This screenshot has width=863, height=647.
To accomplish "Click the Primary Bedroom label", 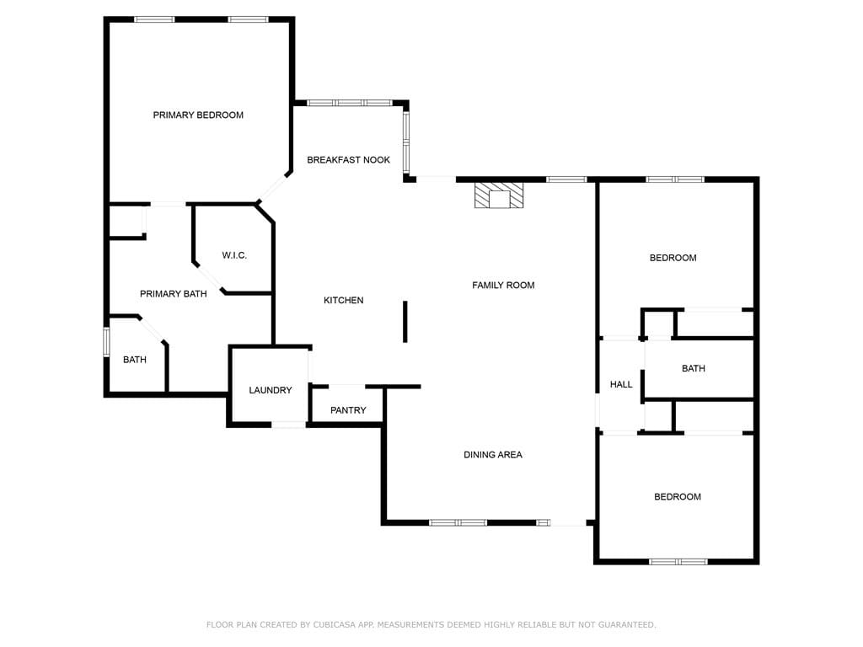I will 198,115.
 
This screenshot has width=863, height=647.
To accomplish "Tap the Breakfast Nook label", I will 348,159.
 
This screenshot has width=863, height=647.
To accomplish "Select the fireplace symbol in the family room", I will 499,195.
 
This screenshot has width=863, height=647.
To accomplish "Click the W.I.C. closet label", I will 234,255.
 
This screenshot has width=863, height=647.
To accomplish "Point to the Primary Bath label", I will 173,294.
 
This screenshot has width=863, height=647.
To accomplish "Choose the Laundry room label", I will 271,390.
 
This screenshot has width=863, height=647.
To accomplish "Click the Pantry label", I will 348,410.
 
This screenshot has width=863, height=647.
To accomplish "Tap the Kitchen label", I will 344,300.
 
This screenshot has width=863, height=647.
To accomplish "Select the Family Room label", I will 503,285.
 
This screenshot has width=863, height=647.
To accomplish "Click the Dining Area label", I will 493,455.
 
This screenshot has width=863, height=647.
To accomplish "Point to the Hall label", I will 621,384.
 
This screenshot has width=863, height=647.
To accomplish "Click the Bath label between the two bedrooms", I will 694,368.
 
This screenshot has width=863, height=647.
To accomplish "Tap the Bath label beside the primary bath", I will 135,360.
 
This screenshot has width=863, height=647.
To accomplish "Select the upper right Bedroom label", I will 673,258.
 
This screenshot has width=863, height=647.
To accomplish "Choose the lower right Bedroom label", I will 678,497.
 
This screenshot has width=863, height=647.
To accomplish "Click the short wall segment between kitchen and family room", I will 405,321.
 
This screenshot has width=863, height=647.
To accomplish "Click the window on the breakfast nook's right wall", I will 405,142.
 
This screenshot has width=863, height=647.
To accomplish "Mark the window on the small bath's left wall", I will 106,342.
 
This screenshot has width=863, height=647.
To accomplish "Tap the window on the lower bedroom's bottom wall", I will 678,561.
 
